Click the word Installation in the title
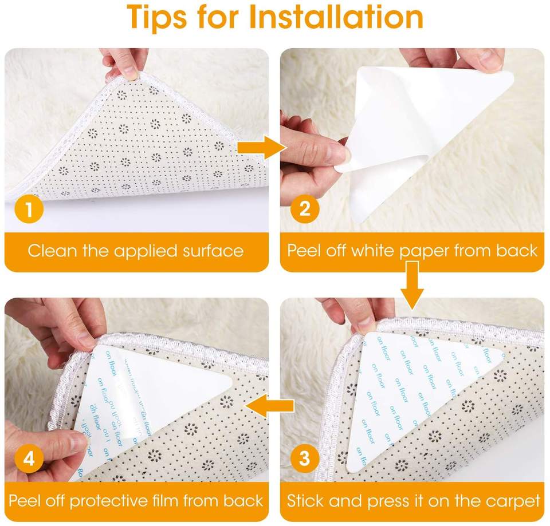(x=336, y=17)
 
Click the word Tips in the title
(x=156, y=18)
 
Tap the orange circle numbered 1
(x=29, y=209)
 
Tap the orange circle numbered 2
(x=305, y=209)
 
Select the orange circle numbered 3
(x=305, y=458)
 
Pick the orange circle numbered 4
(x=29, y=458)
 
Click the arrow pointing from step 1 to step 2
(x=262, y=148)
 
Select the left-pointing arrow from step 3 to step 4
(x=269, y=405)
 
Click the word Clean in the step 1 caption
(x=52, y=251)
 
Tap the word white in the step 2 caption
(x=373, y=250)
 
